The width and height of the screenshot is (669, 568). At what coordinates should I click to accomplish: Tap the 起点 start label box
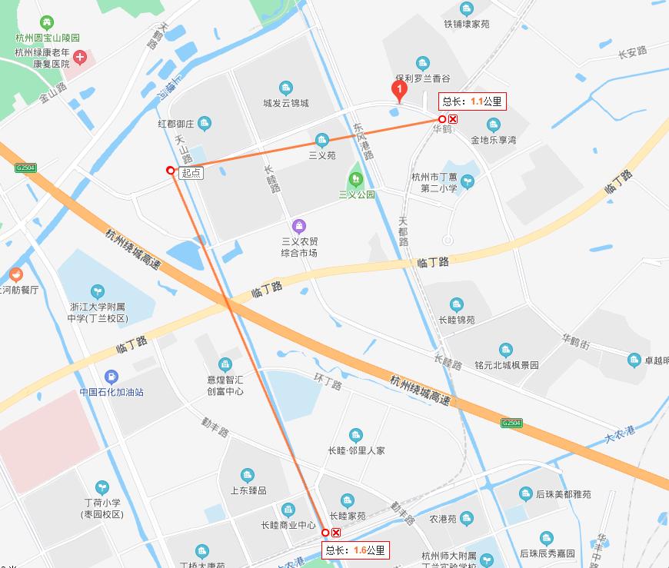[x=191, y=173]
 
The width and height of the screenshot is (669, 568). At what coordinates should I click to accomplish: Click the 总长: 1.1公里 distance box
[x=473, y=101]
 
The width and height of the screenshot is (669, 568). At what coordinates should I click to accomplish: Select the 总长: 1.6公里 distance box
[x=355, y=550]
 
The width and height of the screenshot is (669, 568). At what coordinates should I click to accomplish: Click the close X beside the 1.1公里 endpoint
[x=454, y=119]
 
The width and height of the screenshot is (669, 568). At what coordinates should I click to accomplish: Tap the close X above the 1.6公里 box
[x=336, y=533]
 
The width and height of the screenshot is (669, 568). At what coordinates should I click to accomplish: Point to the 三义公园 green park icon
[x=356, y=180]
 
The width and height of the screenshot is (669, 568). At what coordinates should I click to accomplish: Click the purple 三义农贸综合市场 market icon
[x=299, y=226]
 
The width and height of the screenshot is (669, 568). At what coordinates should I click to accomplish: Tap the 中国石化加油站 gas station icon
[x=111, y=377]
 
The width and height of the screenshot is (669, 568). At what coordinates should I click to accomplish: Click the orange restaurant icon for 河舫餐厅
[x=15, y=274]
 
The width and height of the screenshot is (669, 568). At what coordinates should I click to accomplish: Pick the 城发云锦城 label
[x=286, y=103]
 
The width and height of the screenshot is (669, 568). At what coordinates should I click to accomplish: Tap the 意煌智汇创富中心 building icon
[x=225, y=364]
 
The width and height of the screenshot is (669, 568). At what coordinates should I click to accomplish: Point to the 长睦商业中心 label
[x=285, y=526]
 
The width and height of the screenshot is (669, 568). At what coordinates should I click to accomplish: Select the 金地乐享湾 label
[x=494, y=141]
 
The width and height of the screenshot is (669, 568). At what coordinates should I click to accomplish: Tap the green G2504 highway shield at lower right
[x=511, y=423]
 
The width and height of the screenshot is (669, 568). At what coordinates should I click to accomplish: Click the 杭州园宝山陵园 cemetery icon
[x=48, y=23]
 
